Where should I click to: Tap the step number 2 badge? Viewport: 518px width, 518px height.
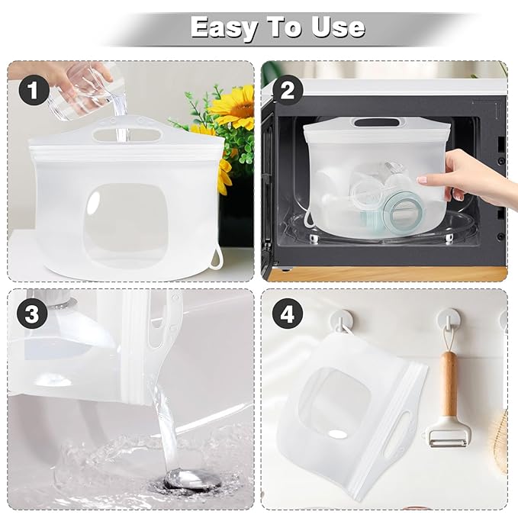tap(286, 91)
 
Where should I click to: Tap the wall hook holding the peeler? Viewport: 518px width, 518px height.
tap(451, 318)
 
